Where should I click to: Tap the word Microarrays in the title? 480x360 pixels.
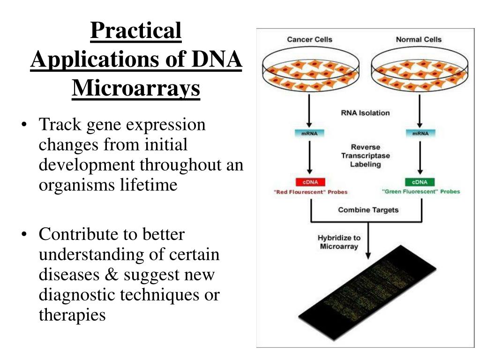click(136, 88)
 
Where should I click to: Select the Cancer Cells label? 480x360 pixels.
click(309, 39)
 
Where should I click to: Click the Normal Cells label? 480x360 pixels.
click(419, 39)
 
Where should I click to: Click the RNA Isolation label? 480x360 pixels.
click(365, 112)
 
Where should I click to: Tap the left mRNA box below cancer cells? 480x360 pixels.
click(309, 134)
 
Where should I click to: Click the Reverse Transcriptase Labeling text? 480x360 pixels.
click(365, 156)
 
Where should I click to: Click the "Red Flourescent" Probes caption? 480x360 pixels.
click(311, 192)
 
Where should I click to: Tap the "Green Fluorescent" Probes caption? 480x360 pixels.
click(421, 191)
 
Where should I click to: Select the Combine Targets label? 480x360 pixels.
click(368, 210)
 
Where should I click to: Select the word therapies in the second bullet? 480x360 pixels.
click(72, 315)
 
